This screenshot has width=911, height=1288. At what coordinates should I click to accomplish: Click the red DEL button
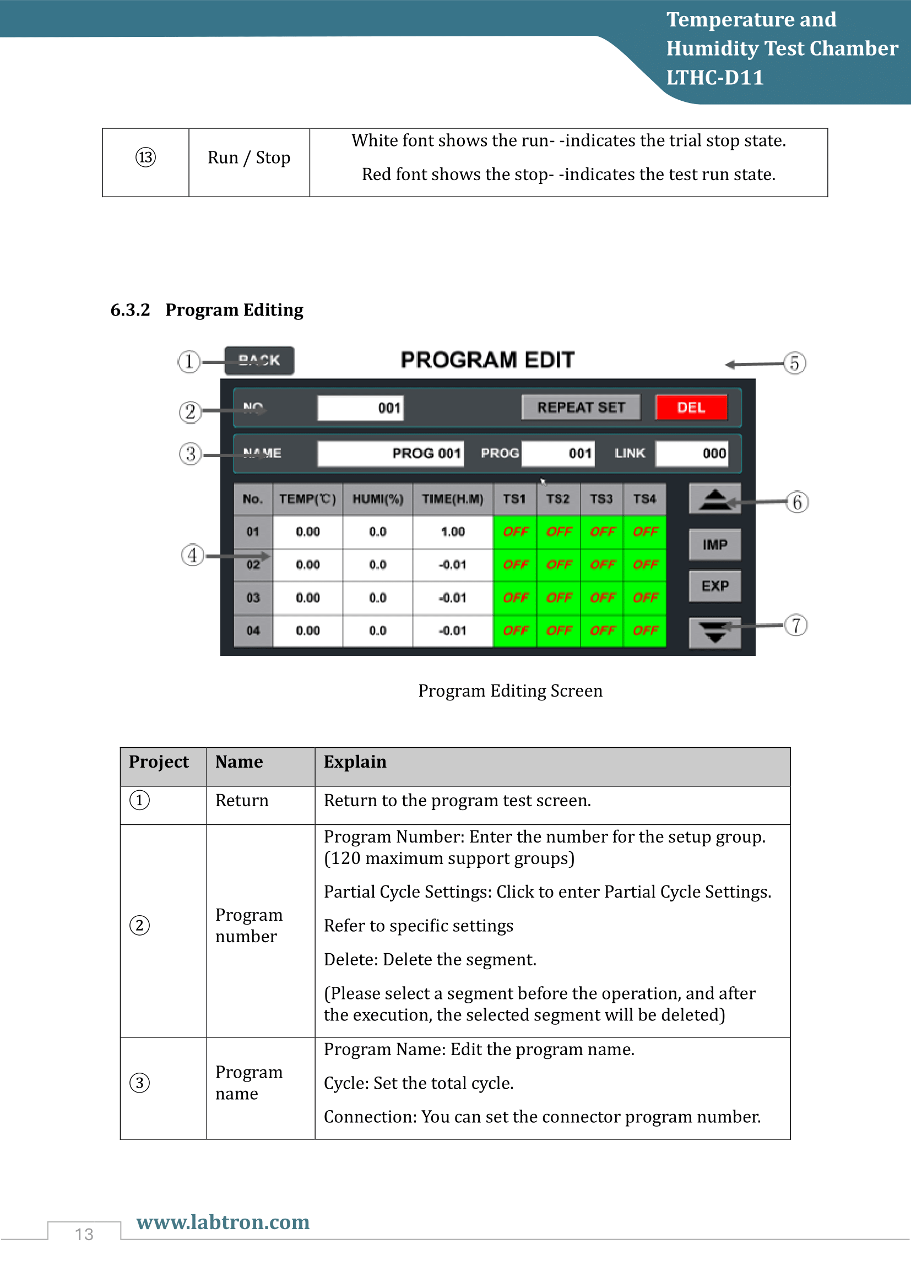pos(691,407)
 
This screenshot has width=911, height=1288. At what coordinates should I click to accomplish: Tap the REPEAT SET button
pos(581,407)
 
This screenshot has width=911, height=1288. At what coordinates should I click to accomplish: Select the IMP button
pos(714,544)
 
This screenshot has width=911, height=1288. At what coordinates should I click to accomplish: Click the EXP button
pos(714,586)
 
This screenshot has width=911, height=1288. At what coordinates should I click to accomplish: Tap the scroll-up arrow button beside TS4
pos(714,498)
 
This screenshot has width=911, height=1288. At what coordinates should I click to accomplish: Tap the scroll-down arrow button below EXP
pos(714,632)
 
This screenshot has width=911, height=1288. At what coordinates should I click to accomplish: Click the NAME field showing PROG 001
pos(390,453)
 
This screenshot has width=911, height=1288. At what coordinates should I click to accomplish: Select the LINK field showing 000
pos(692,453)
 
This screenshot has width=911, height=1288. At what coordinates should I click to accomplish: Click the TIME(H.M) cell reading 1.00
pos(452,532)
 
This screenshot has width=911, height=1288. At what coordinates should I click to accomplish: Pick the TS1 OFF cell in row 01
pos(515,532)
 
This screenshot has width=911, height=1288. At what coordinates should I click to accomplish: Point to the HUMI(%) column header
pos(377,499)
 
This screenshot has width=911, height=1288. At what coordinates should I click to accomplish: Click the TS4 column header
pos(644,499)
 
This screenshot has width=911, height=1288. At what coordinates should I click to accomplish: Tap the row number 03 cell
pos(253,597)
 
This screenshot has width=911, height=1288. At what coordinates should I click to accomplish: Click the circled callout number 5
pos(794,363)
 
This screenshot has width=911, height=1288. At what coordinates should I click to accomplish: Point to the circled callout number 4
pos(192,556)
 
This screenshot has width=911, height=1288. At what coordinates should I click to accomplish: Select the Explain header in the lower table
pos(355,762)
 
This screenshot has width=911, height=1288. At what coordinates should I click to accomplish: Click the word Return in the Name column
pos(242,801)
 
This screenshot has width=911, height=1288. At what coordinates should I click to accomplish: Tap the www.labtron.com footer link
pos(223,1222)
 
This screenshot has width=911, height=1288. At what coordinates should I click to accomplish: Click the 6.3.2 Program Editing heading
pos(207,309)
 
